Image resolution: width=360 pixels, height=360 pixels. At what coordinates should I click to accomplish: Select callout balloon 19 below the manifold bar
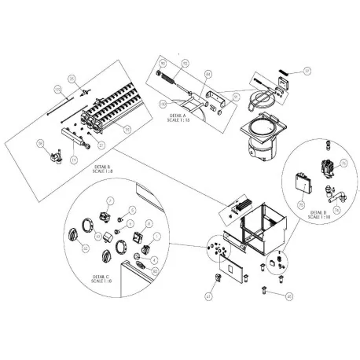[75, 160]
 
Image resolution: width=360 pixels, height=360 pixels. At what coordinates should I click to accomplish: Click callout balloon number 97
[308, 71]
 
